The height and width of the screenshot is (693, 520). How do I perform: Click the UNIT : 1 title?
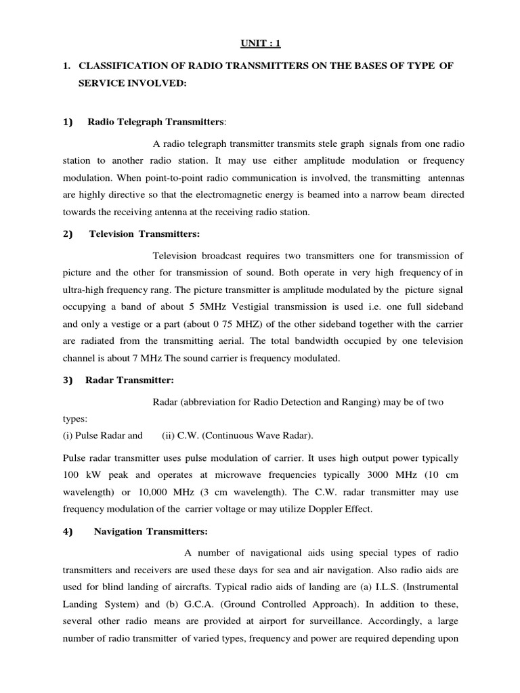(x=259, y=43)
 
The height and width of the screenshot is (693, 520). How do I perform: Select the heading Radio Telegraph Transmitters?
(x=156, y=122)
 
